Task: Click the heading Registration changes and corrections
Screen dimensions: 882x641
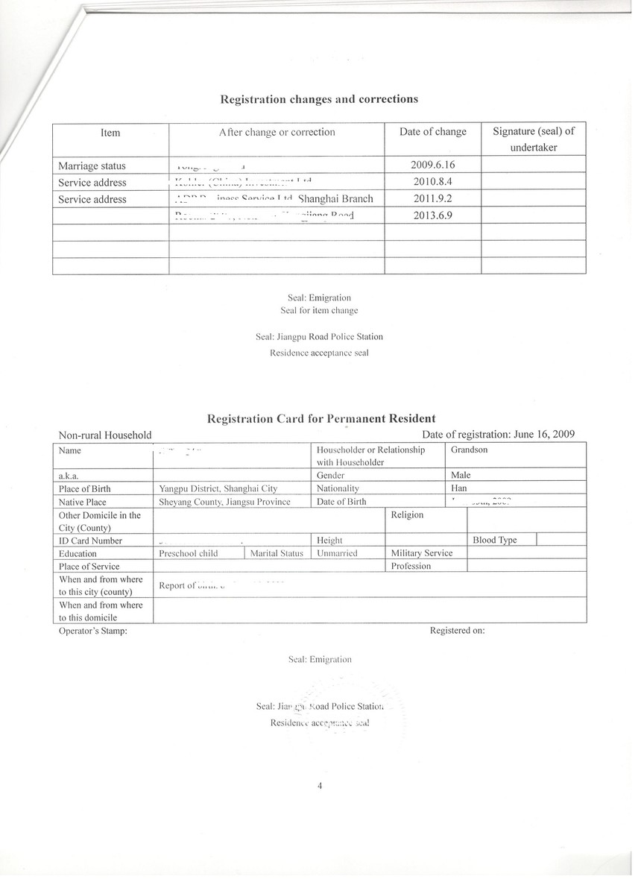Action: [x=318, y=99]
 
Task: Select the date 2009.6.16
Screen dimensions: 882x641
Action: [x=432, y=166]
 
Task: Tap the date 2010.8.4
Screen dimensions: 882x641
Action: [x=432, y=182]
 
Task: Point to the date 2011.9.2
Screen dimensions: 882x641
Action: [x=432, y=199]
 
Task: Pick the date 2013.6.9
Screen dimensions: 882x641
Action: [x=432, y=215]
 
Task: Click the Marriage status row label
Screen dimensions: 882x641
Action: [x=92, y=166]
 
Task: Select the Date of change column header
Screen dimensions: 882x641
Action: [x=432, y=132]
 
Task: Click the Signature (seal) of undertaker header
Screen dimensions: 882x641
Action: [x=534, y=139]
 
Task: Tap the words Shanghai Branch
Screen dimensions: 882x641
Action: [x=335, y=199]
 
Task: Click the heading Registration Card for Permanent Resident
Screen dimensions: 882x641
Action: [x=321, y=419]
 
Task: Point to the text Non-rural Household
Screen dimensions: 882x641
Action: [x=105, y=435]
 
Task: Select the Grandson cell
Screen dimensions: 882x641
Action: [x=470, y=450]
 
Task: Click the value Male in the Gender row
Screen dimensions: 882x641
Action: [x=461, y=475]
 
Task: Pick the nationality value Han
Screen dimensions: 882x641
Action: [x=459, y=488]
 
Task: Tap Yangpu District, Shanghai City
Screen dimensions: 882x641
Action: [x=218, y=488]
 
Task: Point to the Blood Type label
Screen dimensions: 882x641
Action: [x=494, y=540]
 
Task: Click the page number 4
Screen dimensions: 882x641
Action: [x=319, y=785]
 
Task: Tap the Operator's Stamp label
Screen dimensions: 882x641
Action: [x=92, y=631]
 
